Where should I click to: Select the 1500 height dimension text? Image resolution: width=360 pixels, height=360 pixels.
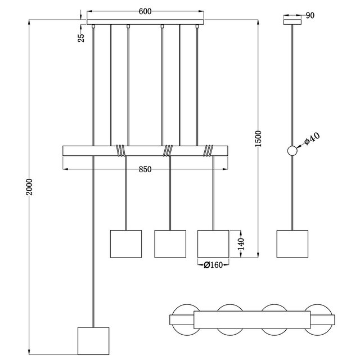(x=258, y=138)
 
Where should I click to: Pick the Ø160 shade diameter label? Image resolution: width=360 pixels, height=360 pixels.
(x=213, y=264)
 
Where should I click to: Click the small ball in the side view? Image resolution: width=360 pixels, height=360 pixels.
(x=292, y=151)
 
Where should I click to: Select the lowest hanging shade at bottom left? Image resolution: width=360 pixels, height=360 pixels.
(x=91, y=341)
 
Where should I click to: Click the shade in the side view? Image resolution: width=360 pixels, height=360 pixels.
(x=292, y=244)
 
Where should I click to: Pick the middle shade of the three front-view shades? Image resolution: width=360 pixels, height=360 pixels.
(x=170, y=244)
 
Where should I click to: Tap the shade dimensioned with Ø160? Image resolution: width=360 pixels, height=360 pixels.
(x=213, y=244)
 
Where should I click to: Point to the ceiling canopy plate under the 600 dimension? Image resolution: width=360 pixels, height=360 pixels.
(x=145, y=22)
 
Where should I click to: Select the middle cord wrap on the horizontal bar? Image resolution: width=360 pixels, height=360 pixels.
(x=168, y=150)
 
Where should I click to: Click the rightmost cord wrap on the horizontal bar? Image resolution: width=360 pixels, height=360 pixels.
(x=209, y=150)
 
